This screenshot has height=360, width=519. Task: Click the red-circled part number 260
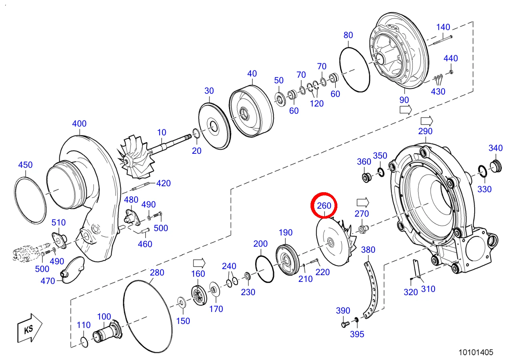click(324, 205)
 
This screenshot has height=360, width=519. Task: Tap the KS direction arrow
click(30, 328)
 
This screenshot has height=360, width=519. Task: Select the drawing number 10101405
click(476, 352)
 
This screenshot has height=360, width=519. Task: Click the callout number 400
click(79, 124)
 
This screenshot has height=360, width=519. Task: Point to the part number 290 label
click(425, 131)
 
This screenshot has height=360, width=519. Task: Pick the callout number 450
click(25, 165)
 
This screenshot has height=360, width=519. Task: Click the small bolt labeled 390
click(345, 324)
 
